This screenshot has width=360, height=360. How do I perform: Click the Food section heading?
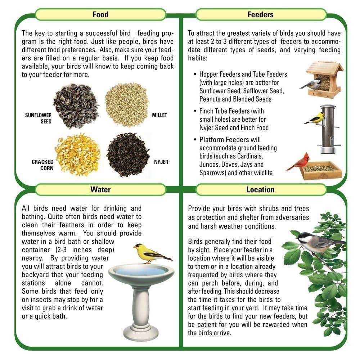coord(100,14)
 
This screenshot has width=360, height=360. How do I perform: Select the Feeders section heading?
coord(260,14)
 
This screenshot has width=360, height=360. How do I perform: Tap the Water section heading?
coord(100,189)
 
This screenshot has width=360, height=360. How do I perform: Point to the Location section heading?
coord(260,189)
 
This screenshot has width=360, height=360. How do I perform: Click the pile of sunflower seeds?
coord(76,106)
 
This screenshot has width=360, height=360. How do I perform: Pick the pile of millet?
coord(126,105)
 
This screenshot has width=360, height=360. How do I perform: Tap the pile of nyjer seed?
coord(128,155)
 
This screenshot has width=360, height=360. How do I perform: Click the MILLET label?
coord(159,115)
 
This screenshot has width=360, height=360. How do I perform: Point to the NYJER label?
coord(161,162)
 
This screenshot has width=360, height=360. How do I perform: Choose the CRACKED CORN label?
coord(42,165)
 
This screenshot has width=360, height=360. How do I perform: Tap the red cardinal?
coord(298,162)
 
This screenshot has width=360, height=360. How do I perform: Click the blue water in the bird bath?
coord(141,271)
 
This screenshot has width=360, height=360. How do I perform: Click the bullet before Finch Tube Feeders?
coord(195,111)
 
